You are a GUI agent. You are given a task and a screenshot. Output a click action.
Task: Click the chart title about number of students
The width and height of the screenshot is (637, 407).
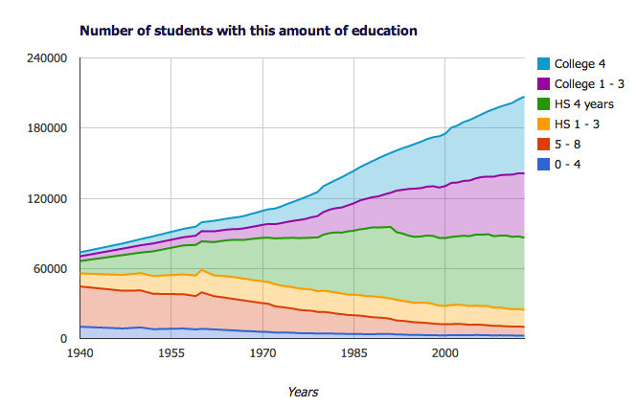pos(248,31)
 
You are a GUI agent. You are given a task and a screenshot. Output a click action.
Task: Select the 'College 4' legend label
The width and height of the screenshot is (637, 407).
pos(580,64)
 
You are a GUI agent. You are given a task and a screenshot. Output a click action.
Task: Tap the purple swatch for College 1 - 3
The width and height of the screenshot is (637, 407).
pos(544,84)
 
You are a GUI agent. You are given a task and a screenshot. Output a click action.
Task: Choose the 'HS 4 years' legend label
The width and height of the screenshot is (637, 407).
pos(582,103)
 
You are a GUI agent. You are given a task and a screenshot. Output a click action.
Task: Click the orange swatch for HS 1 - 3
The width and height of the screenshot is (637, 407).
pos(544,124)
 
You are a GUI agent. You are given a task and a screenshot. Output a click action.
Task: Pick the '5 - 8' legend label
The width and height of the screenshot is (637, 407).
pos(567,144)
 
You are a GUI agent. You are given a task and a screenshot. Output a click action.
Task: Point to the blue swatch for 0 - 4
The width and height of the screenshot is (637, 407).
pos(544,164)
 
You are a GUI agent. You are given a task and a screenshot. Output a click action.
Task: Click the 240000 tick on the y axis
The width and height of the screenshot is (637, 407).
pos(47,58)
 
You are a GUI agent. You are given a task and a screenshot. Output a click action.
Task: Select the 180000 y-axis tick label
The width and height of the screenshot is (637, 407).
pos(47,128)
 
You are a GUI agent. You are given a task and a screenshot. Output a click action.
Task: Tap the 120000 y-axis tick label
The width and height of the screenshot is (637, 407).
pos(47,199)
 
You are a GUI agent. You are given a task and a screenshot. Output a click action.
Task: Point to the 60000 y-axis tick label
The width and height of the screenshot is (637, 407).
pos(50,269)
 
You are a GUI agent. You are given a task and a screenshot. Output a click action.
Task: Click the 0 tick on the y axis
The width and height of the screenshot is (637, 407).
pos(63,339)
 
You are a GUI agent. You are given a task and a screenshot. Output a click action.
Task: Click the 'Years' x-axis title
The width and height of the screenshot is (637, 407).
pos(303,391)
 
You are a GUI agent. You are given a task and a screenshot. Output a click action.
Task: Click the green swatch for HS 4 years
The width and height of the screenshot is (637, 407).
pos(544,103)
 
